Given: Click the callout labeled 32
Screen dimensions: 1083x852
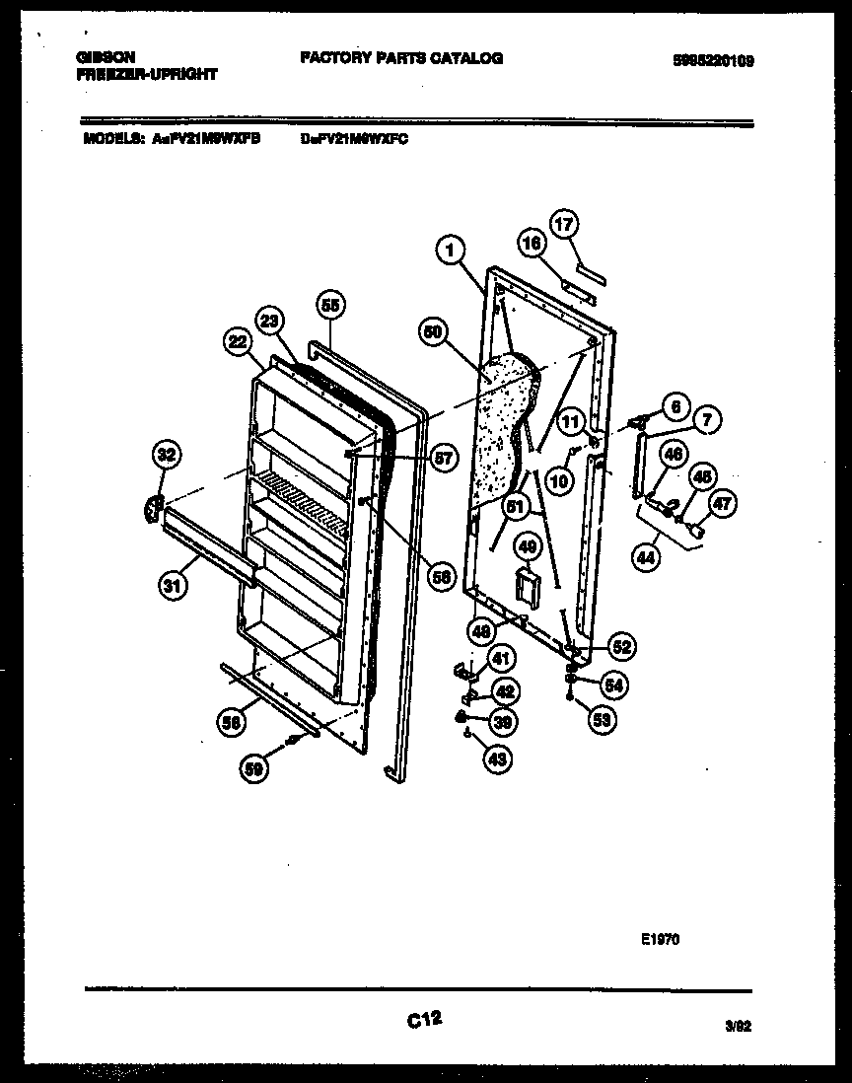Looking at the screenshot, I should point(167,455).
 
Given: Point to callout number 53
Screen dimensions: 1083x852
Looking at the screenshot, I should point(603,720).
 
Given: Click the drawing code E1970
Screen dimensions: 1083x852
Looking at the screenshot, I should point(661,940).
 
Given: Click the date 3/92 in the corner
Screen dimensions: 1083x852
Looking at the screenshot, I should point(739,1027).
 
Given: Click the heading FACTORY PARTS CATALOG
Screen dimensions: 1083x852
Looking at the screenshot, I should point(400,58).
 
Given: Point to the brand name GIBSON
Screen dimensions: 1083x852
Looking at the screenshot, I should point(106,57).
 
